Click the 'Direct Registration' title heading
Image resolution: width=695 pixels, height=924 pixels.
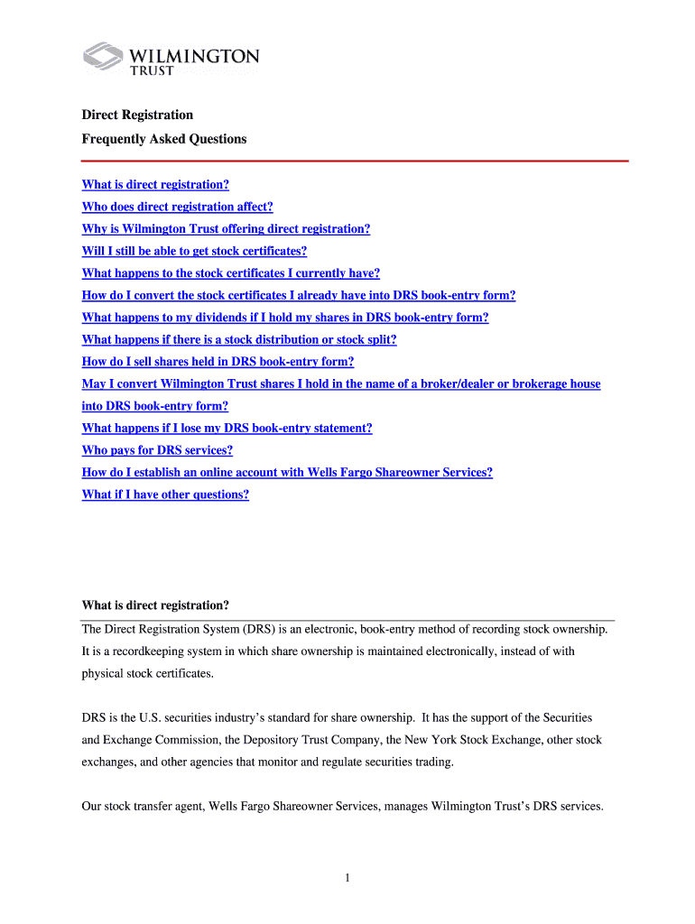(137, 115)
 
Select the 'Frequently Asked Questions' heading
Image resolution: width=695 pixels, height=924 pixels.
(163, 139)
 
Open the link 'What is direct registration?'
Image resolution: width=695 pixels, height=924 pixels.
(155, 185)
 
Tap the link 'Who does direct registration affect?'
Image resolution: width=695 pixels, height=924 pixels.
(177, 207)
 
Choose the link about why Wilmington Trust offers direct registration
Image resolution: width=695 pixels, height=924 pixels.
(226, 229)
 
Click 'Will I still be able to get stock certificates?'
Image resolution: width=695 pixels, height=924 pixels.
(194, 251)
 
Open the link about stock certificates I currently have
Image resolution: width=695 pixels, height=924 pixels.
(230, 273)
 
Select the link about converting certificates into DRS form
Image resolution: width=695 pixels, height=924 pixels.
(298, 295)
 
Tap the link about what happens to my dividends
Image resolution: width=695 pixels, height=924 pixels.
(284, 318)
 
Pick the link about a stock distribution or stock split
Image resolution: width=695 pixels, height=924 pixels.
(238, 339)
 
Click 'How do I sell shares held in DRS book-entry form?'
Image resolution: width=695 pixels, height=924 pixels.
(218, 362)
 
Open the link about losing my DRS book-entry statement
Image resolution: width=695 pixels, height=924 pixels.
(227, 429)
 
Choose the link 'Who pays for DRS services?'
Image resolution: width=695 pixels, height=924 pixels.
(157, 450)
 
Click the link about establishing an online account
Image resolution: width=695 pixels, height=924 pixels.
(287, 473)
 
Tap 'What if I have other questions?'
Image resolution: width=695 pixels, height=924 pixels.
(165, 494)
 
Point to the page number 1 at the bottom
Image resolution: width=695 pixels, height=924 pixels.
(347, 878)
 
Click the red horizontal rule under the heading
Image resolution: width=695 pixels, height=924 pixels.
(355, 161)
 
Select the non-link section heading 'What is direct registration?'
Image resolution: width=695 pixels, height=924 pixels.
(155, 605)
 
